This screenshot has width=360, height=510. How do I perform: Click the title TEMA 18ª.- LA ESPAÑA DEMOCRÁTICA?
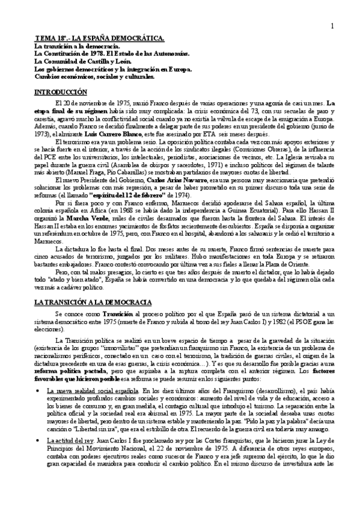(x=99, y=38)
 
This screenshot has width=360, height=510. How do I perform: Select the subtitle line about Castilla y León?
(x=82, y=61)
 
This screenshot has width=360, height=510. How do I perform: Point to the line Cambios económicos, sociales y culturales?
(x=94, y=76)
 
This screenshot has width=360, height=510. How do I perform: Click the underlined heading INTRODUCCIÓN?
(x=61, y=92)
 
